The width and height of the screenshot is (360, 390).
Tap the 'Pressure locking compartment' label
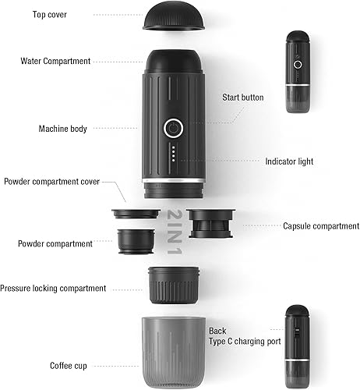(53, 289)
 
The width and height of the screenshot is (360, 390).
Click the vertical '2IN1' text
(175, 232)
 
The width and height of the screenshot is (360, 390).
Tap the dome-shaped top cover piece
(174, 15)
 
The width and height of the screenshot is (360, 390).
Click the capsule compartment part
(210, 223)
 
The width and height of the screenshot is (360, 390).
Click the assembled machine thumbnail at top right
(298, 72)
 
